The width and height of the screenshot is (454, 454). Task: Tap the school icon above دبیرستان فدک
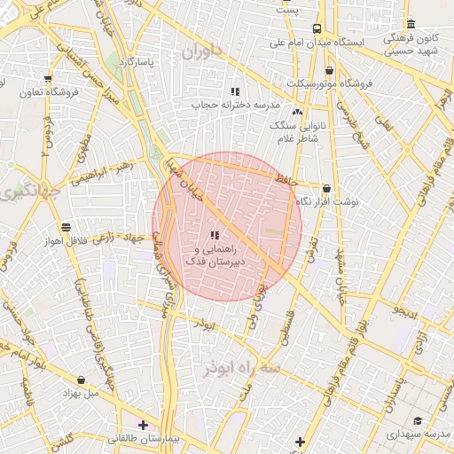(214, 235)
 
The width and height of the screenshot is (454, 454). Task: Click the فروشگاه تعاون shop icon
(47, 79)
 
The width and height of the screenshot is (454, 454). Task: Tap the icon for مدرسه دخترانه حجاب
(235, 91)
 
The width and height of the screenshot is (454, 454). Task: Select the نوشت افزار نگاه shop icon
(327, 189)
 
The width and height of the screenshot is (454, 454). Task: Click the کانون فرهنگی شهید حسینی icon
(410, 24)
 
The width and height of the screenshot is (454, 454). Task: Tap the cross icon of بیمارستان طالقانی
(143, 426)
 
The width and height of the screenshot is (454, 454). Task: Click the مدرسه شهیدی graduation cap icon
(418, 420)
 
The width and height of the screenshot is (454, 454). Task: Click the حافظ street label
(283, 181)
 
